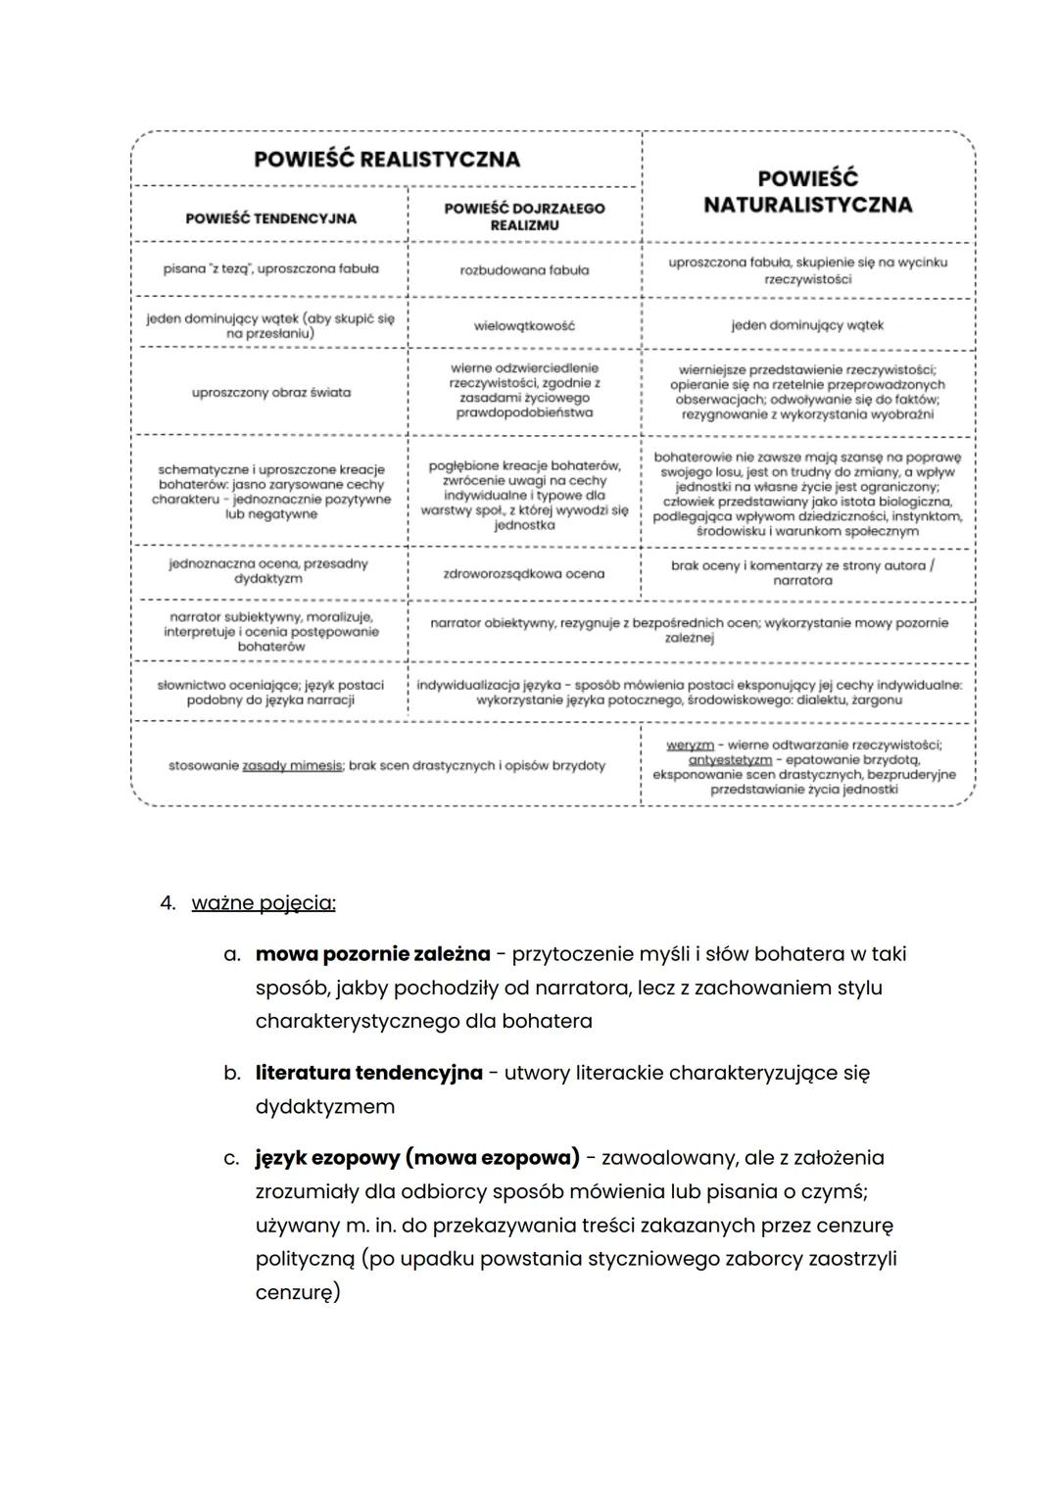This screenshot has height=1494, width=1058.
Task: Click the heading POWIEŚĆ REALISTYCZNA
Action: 386,159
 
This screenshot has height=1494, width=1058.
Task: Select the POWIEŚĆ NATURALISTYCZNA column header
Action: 807,191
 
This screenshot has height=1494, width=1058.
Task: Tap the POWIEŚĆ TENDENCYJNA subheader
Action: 270,218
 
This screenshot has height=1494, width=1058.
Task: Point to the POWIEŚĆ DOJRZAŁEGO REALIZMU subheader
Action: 524,216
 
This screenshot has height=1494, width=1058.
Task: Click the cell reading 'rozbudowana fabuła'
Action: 524,270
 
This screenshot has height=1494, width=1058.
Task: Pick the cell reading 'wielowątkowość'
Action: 524,325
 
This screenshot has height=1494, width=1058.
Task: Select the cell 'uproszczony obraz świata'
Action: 270,393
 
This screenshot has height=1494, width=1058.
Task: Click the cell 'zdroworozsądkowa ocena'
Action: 524,574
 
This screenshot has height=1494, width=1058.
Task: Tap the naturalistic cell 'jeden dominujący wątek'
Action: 807,325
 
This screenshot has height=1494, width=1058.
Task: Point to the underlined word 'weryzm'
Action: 690,746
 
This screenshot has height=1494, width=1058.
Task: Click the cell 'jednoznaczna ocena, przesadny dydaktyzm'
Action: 268,571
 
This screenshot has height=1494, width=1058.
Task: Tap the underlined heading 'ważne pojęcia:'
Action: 264,903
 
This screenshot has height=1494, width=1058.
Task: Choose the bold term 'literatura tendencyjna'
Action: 368,1073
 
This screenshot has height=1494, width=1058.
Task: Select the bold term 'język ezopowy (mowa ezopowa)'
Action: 417,1158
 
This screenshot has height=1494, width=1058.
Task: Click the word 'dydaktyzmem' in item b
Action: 324,1107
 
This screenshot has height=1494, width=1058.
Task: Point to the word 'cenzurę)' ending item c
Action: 298,1293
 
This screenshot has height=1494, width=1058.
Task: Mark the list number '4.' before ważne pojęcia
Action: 168,903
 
